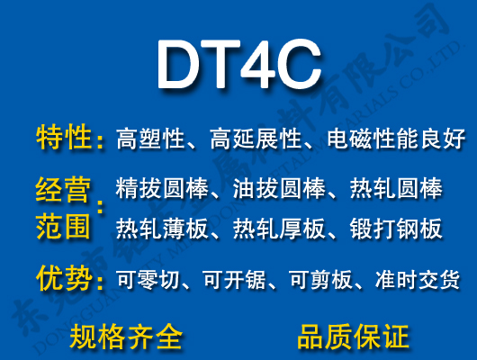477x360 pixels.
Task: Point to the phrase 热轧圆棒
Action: click(395, 191)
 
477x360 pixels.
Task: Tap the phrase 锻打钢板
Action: click(395, 229)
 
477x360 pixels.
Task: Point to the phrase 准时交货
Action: click(418, 280)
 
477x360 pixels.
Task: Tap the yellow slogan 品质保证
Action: click(352, 337)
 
